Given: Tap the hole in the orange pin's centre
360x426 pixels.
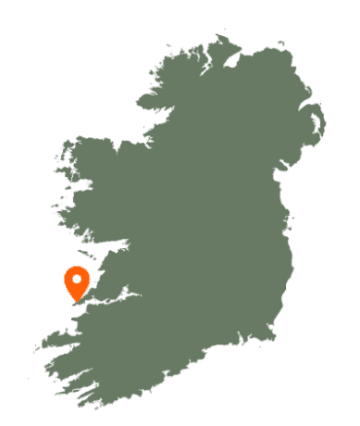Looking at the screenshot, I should tap(77, 277).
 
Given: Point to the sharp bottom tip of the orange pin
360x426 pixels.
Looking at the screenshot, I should tap(77, 302).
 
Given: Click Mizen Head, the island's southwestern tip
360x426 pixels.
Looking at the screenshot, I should tap(78, 405).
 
